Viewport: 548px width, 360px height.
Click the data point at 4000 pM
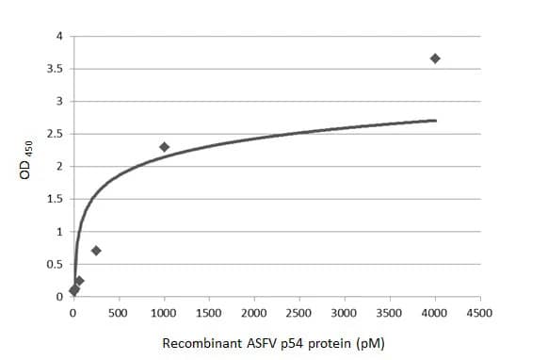(x=435, y=58)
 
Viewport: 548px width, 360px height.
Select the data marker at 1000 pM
(x=164, y=147)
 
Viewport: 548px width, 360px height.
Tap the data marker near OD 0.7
(x=96, y=251)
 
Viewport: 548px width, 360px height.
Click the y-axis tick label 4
(x=59, y=37)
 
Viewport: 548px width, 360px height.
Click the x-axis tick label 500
(x=119, y=312)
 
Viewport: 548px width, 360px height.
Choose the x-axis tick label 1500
(x=209, y=312)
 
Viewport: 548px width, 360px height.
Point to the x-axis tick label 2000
(x=254, y=312)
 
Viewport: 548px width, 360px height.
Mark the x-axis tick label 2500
(x=299, y=312)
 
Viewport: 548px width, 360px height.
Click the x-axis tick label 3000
(x=345, y=312)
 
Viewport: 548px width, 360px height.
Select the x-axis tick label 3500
(x=390, y=312)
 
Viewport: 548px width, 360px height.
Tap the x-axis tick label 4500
(x=480, y=312)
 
